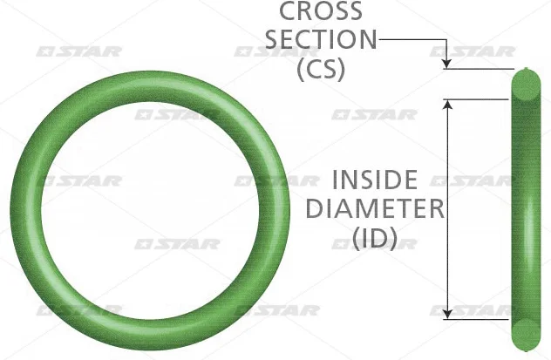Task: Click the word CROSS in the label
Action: pos(321,10)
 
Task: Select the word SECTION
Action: pos(321,39)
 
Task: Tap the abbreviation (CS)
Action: pos(321,69)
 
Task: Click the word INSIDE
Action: pos(375,180)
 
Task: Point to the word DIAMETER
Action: pos(375,208)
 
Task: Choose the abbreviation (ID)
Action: pos(375,239)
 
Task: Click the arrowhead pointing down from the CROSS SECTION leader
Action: pos(446,63)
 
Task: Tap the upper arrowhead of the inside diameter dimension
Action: pos(447,105)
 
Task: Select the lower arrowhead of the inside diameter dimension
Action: pos(447,314)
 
